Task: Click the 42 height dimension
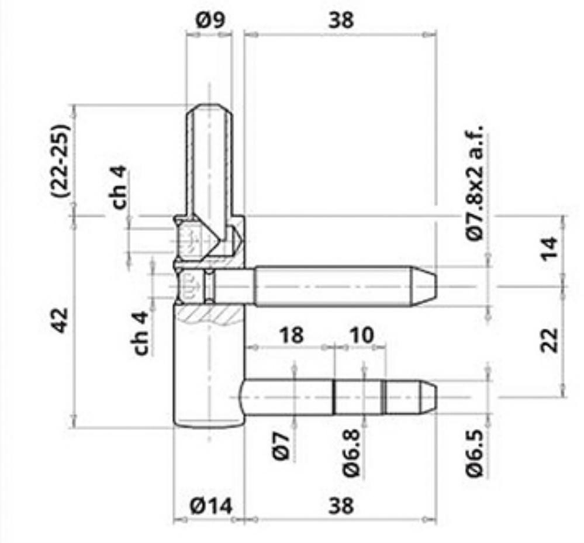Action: point(60,320)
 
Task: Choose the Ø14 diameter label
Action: point(211,506)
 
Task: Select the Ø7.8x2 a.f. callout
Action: point(474,184)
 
